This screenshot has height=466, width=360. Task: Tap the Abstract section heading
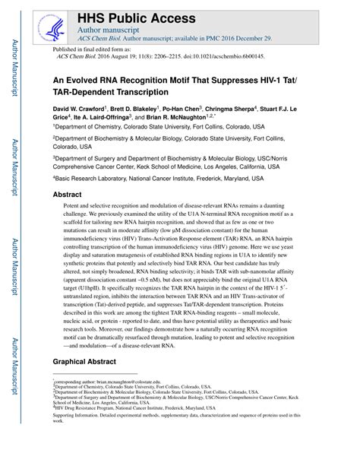(67, 195)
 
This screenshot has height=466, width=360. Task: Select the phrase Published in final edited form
(90, 48)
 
